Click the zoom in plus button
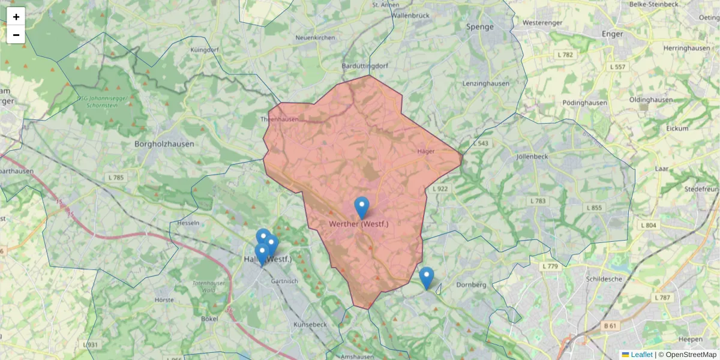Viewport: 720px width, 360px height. (16, 17)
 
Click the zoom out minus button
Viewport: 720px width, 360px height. (16, 35)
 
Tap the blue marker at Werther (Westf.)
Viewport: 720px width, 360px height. (362, 208)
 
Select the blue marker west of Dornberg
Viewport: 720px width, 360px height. (427, 278)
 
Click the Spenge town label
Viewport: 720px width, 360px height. (480, 27)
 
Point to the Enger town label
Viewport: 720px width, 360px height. (613, 34)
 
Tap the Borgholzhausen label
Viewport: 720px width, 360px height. (162, 144)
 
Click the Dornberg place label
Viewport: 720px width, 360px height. (471, 284)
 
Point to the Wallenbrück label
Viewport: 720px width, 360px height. (411, 16)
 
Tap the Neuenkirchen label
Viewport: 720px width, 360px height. (315, 38)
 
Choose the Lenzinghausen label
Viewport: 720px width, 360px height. (486, 84)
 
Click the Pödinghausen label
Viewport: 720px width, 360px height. (585, 103)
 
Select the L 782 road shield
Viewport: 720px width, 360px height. (565, 55)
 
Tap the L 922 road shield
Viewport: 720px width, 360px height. (439, 189)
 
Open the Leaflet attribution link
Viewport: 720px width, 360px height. (641, 355)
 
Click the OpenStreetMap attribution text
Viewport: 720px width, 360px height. (691, 355)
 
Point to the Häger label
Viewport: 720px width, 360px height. (425, 151)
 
